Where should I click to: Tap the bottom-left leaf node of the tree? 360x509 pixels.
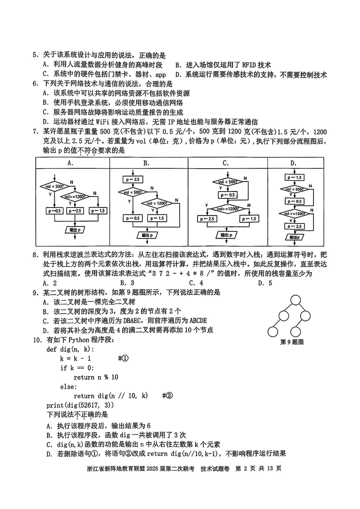(x=272, y=332)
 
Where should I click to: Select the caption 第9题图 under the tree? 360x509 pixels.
(x=292, y=342)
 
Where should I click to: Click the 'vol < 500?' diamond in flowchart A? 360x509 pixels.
(x=55, y=186)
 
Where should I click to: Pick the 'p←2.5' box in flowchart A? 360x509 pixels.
(x=75, y=211)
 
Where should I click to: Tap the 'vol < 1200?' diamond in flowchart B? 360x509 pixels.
(x=157, y=203)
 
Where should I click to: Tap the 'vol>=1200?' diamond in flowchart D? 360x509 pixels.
(x=294, y=214)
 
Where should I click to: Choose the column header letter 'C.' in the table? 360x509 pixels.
(x=226, y=163)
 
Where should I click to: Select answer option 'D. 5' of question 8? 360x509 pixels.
(x=265, y=283)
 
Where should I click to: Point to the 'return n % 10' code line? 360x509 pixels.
(x=96, y=377)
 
